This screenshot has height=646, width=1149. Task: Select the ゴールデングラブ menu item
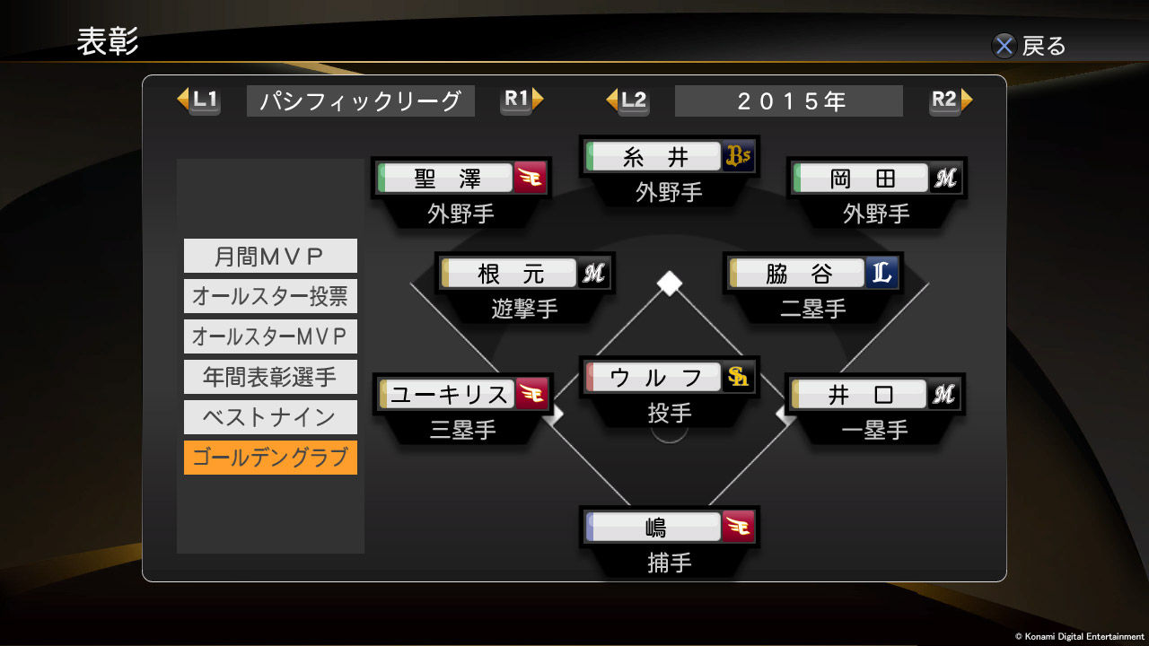(x=270, y=458)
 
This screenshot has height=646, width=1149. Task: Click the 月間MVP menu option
(x=270, y=256)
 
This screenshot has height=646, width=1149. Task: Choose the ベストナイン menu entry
(x=270, y=417)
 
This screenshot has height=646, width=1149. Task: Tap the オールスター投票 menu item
(x=270, y=296)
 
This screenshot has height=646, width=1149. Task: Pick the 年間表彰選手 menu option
(x=270, y=377)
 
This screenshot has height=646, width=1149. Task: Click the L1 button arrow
(x=198, y=100)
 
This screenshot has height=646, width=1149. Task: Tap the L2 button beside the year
(x=628, y=100)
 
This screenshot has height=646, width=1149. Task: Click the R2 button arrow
(x=951, y=100)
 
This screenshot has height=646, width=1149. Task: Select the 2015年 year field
(x=788, y=101)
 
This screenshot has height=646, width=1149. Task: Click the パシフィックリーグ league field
(x=360, y=101)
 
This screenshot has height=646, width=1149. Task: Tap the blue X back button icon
(x=1004, y=46)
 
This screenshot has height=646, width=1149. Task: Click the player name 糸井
(x=655, y=157)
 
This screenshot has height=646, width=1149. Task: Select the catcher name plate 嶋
(x=655, y=527)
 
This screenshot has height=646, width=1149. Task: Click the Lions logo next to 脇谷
(x=882, y=274)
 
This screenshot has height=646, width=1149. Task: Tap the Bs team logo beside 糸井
(x=739, y=157)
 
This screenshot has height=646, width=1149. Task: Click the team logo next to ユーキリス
(x=531, y=394)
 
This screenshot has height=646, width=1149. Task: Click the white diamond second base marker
(x=669, y=283)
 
